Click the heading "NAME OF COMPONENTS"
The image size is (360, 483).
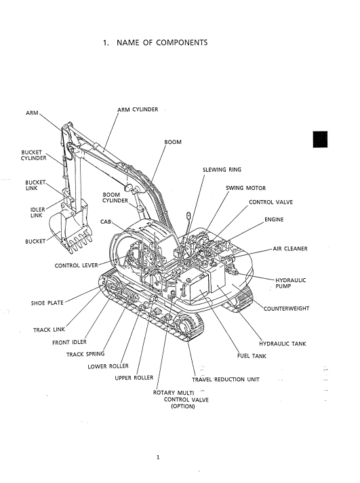(162, 43)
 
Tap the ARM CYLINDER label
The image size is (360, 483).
(138, 109)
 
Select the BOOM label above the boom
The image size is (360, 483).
(173, 142)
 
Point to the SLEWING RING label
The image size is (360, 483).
(222, 170)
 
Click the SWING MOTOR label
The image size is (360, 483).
(245, 188)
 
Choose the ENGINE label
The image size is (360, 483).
(274, 219)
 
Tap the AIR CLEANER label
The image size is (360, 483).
(290, 248)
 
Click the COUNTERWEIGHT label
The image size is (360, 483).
(286, 309)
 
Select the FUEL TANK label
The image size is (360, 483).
(252, 355)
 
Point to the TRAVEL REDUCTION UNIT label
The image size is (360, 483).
(226, 379)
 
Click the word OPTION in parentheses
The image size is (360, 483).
(183, 406)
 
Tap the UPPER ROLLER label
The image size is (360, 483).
(134, 378)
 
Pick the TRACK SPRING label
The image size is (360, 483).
(85, 354)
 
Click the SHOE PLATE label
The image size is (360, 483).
(47, 303)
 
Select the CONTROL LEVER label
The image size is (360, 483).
(76, 265)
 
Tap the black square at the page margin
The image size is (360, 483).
(320, 139)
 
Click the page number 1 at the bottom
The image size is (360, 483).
(158, 457)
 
